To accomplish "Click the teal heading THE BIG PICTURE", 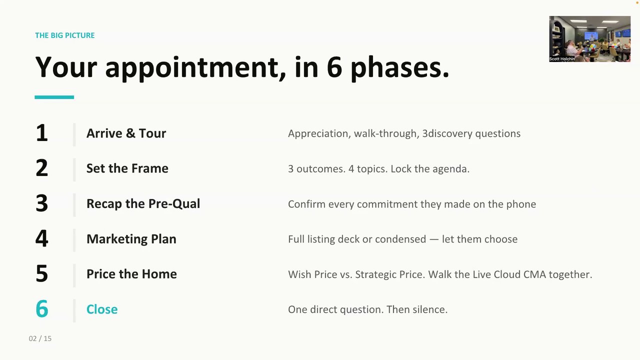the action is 65,35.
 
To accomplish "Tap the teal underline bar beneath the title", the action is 54,97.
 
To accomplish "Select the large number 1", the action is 41,133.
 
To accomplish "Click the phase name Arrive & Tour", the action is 126,133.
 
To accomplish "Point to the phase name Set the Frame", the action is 127,168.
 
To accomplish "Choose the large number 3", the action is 41,203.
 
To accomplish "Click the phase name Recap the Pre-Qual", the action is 143,203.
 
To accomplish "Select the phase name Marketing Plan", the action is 131,239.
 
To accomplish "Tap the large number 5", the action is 41,273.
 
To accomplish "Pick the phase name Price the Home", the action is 131,274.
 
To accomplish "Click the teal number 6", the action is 41,309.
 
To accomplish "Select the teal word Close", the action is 102,309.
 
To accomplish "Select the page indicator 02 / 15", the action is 40,338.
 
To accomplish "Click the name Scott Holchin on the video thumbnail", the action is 562,59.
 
